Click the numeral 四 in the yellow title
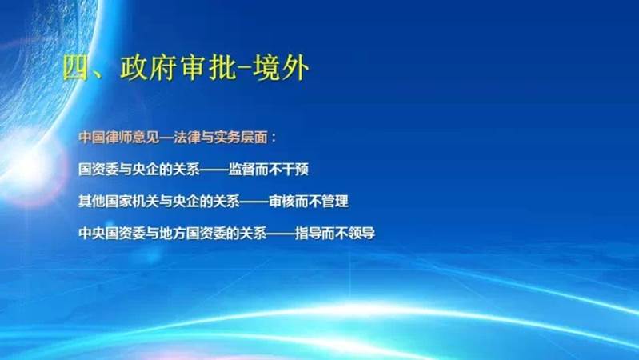click(x=76, y=67)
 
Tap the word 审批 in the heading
click(x=208, y=67)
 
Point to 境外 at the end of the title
click(x=281, y=67)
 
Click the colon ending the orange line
click(x=273, y=138)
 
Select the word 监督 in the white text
click(x=242, y=169)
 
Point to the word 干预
click(x=295, y=169)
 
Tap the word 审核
click(x=282, y=201)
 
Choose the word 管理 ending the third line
click(x=335, y=201)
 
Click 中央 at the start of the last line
click(x=92, y=233)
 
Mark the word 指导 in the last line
click(x=308, y=233)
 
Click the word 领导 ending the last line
click(x=361, y=233)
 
